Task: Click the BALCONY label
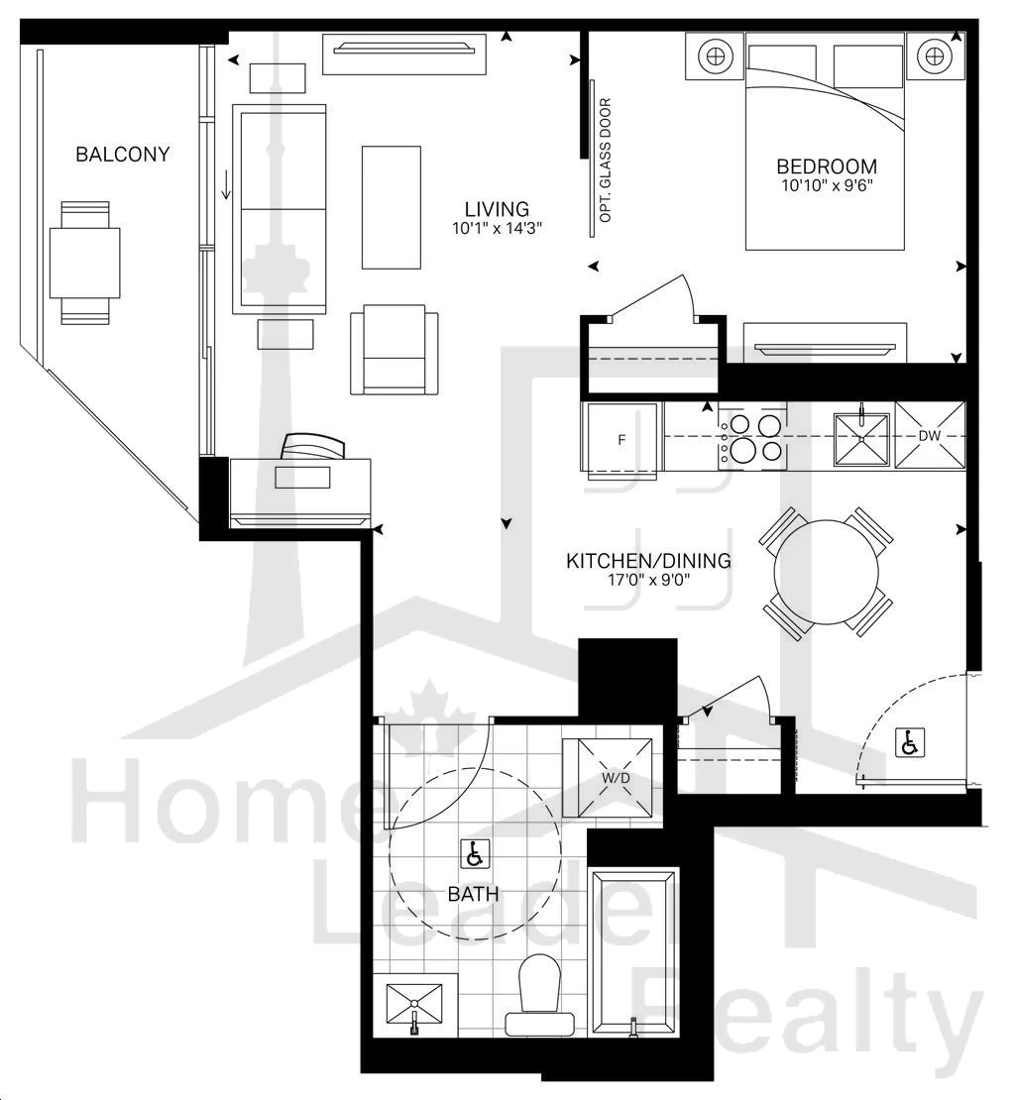coord(123,155)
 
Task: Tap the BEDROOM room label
coord(827,166)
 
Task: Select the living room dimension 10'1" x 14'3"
coord(498,228)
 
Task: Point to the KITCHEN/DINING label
coord(649,561)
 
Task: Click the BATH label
coord(474,895)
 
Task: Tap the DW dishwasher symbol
coord(930,436)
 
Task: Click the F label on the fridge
coord(620,441)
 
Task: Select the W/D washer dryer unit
coord(612,778)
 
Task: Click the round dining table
coord(827,572)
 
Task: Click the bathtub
coord(634,953)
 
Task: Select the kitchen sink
coord(861,438)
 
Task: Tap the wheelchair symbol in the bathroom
coord(474,854)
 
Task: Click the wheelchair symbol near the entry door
coord(911,742)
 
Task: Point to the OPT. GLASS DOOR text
coord(606,161)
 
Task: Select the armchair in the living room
coord(395,350)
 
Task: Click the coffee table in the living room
coord(392,207)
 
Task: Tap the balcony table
coord(85,263)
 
